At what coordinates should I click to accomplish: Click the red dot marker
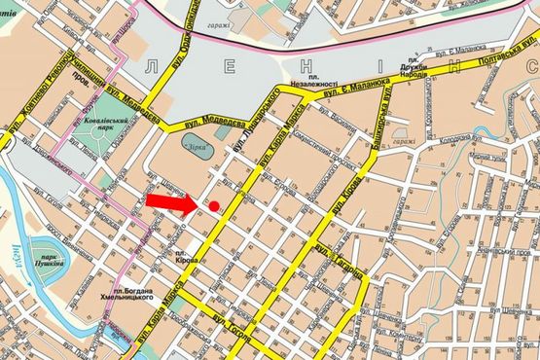click(214, 205)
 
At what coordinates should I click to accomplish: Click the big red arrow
click(172, 202)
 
